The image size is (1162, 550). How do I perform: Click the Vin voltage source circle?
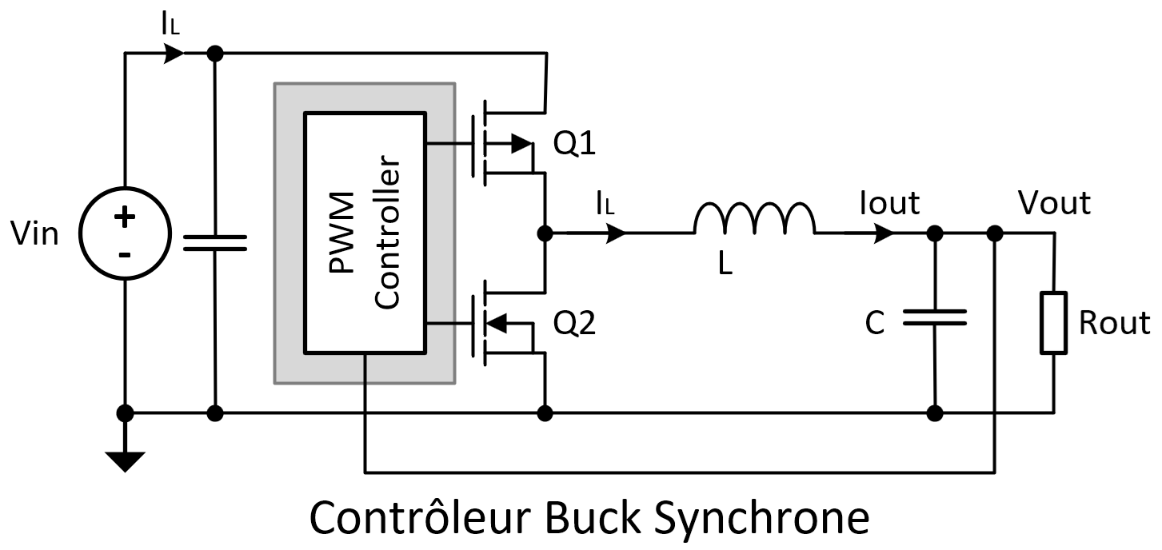(126, 234)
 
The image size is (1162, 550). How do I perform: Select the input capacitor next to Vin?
(214, 243)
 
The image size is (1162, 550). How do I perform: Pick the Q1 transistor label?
(575, 145)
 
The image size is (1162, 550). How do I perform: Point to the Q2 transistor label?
(575, 324)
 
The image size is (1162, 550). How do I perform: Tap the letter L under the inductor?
(725, 265)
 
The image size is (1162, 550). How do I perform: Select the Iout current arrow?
(884, 233)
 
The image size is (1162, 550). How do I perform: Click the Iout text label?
(889, 203)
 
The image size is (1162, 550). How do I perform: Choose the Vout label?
(1054, 203)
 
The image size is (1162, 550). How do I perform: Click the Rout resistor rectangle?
(1052, 323)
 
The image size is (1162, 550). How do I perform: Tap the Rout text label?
(1114, 323)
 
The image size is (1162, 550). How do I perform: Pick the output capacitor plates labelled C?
(934, 318)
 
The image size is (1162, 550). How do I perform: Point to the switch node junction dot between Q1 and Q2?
(545, 233)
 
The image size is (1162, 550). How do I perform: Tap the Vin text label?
(36, 235)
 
